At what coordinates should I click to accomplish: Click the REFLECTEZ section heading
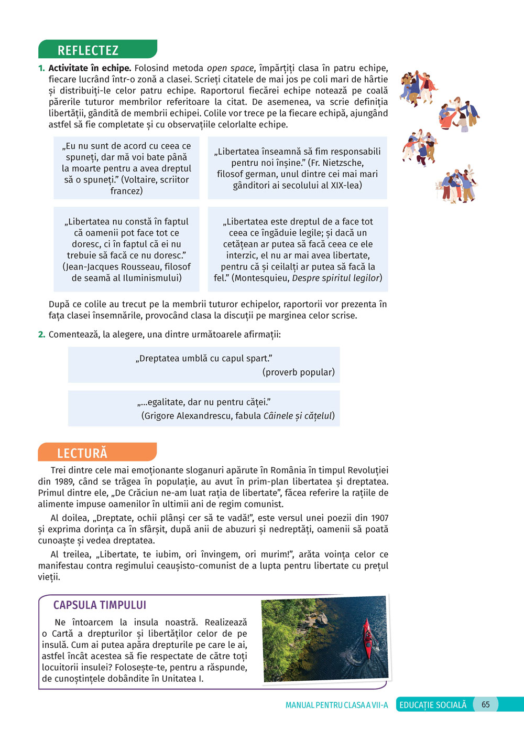(x=88, y=50)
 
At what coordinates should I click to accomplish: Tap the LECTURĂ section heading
(x=82, y=453)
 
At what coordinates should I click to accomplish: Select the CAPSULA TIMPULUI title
(x=100, y=605)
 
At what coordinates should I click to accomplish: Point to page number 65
(x=486, y=704)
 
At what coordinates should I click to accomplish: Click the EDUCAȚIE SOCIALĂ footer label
(x=433, y=705)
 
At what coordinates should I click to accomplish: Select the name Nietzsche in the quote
(x=340, y=163)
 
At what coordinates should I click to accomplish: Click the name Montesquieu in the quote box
(x=261, y=278)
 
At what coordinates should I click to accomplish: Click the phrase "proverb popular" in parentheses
(x=298, y=372)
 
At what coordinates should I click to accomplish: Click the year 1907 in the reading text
(x=379, y=518)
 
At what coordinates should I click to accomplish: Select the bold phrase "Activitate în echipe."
(x=90, y=68)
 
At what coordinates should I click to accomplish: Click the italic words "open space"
(x=230, y=68)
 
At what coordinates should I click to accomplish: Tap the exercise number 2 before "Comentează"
(x=41, y=335)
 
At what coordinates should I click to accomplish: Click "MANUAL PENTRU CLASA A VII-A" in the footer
(x=336, y=705)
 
